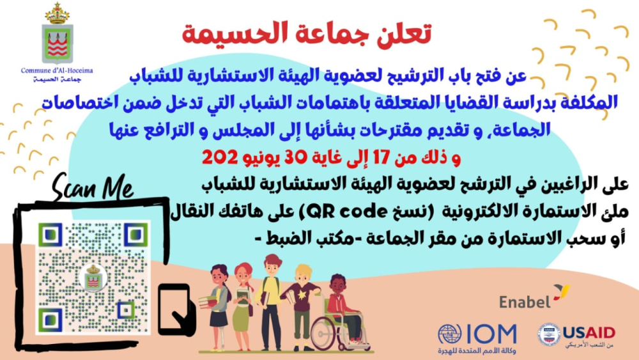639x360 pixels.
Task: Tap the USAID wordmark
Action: coord(589,333)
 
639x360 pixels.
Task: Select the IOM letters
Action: coord(491,334)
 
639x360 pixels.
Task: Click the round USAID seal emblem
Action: coord(549,334)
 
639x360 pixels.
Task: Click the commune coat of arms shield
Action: coord(58,43)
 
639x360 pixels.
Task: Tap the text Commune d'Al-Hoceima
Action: coord(57,70)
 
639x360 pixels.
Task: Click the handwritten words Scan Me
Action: coord(93,187)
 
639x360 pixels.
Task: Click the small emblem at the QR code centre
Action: coord(93,278)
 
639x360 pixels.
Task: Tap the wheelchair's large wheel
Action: coord(326,333)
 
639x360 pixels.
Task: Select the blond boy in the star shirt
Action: coord(302,306)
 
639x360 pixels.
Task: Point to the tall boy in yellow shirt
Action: coord(270,302)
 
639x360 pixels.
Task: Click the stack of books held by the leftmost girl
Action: coord(208,302)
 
